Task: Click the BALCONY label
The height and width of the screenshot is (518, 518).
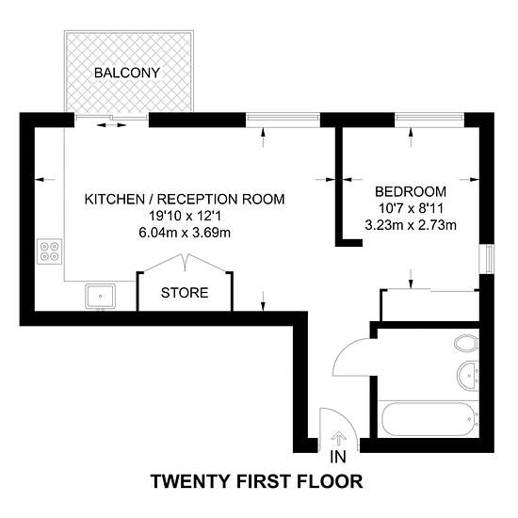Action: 127,73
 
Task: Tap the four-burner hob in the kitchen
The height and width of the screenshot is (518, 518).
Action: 50,251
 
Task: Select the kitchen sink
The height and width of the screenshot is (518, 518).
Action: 101,296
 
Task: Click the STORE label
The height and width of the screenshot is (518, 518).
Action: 185,293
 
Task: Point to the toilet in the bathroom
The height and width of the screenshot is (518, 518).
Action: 466,344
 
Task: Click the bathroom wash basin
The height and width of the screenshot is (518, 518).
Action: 468,375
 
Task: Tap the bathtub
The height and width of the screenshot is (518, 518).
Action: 429,419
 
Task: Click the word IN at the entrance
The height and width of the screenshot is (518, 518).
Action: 338,457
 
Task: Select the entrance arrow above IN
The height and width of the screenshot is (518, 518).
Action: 339,439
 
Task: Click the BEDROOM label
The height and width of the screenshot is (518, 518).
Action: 411,191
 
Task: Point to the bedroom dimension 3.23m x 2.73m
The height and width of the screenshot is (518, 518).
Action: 411,225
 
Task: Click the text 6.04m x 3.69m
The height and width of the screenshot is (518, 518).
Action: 185,233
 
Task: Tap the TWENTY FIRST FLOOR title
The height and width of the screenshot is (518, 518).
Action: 257,481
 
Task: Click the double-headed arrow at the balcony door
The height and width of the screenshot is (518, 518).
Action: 112,125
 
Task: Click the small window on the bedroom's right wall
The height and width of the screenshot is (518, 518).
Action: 487,259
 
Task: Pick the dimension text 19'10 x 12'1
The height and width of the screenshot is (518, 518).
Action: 185,216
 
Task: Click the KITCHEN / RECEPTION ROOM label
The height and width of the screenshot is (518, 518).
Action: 185,200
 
